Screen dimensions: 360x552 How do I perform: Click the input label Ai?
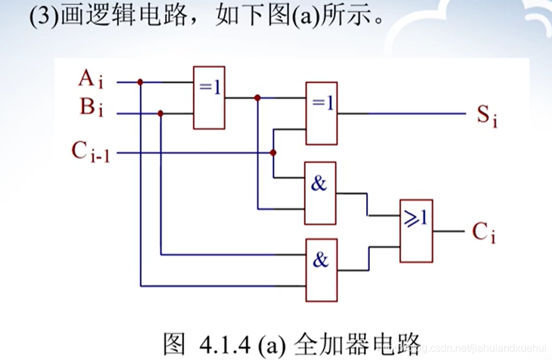[x=91, y=80]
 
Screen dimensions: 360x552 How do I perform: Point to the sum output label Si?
[x=486, y=116]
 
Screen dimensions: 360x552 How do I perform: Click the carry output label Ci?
[x=483, y=232]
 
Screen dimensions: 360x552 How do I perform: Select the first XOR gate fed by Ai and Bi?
[x=209, y=98]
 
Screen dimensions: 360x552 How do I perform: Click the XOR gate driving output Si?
[x=322, y=113]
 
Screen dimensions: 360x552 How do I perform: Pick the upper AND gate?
[x=320, y=194]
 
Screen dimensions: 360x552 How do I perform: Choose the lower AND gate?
[x=320, y=270]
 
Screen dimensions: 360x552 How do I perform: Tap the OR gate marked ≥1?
[x=416, y=231]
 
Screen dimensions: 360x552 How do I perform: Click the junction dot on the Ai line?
[x=140, y=82]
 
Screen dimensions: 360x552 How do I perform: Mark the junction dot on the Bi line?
[x=160, y=113]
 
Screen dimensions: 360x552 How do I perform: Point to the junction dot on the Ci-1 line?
[x=273, y=153]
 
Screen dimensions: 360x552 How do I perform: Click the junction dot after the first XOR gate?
[x=257, y=98]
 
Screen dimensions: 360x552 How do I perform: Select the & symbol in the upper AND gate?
[x=319, y=184]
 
